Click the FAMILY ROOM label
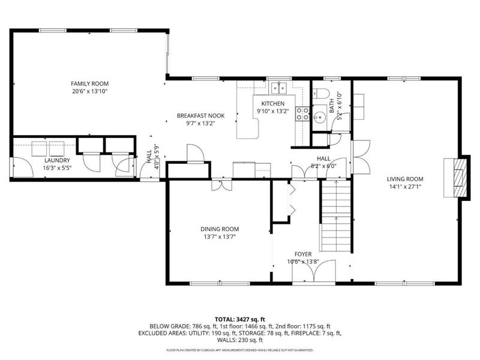[90, 83]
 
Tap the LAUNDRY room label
[58, 160]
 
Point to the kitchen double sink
[278, 89]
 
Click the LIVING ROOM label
[405, 179]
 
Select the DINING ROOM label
[220, 229]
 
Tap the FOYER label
[302, 254]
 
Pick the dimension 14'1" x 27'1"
[405, 187]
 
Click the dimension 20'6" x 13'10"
[90, 91]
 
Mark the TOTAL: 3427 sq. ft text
[240, 318]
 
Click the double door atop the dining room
[221, 185]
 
